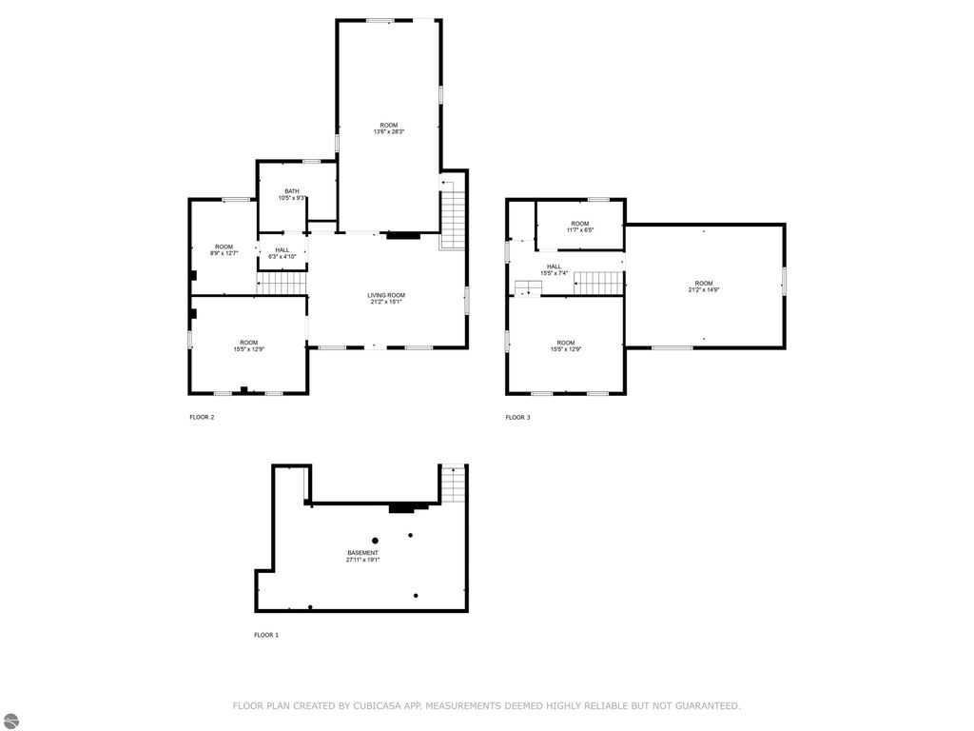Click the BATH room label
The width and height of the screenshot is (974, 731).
click(x=291, y=191)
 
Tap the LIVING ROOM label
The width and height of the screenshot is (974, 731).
click(x=386, y=295)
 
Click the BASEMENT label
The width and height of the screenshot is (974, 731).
click(x=362, y=553)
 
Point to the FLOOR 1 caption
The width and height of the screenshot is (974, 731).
click(x=266, y=635)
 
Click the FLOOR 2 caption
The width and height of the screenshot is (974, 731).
click(x=202, y=417)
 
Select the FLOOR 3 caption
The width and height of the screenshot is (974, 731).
click(x=517, y=417)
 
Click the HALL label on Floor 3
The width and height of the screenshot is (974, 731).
click(x=554, y=267)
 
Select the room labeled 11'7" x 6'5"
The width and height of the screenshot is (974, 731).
click(x=580, y=227)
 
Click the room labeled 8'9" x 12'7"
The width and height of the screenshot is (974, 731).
click(x=224, y=249)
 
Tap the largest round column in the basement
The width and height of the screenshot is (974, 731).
click(x=375, y=541)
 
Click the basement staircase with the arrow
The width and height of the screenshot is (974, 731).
click(x=453, y=484)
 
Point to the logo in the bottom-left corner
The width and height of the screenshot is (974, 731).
click(x=10, y=721)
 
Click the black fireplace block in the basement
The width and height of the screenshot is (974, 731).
click(x=403, y=508)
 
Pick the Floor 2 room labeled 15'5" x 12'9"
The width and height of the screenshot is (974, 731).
click(x=248, y=346)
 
